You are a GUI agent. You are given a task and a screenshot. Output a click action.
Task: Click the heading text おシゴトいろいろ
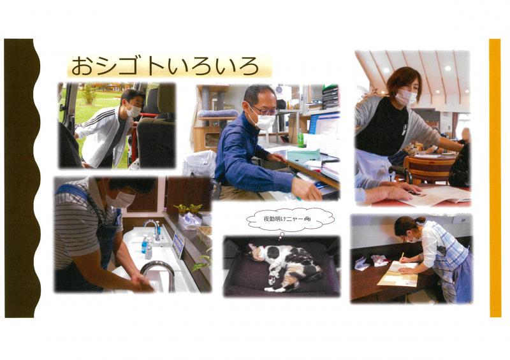point(165,66)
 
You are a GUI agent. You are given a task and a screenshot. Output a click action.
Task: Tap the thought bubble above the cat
point(290,220)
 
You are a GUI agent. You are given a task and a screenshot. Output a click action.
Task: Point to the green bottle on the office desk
point(300,138)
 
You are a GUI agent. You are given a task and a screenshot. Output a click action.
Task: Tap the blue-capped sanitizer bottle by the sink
point(144,244)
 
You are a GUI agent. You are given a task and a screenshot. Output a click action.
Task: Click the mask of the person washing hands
point(120,199)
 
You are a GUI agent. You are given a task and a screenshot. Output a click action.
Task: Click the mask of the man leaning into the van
point(133,110)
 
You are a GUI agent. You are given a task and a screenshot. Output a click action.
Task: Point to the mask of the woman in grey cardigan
point(405,97)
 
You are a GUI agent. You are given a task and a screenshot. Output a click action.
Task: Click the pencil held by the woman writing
point(402,257)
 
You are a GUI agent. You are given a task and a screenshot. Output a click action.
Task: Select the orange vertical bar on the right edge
point(495,178)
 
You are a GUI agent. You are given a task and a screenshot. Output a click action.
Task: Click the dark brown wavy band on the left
point(21,178)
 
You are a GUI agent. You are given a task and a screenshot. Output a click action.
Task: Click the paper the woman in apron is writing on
point(399,274)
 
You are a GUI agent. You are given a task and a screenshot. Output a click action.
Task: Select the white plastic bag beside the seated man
point(200,164)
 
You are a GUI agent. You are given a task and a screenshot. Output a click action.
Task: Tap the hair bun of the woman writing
point(419,220)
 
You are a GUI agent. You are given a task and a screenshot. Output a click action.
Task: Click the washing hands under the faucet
point(142,284)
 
